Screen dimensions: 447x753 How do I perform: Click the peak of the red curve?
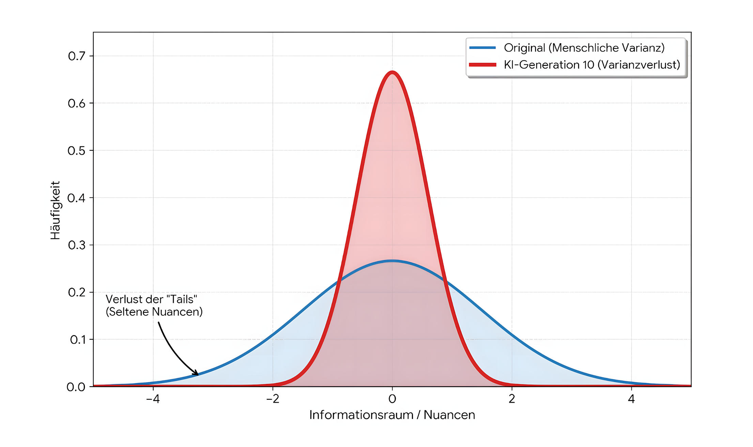(x=392, y=72)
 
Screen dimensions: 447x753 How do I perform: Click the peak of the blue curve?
(x=392, y=261)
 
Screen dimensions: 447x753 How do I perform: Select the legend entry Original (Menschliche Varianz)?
(x=584, y=48)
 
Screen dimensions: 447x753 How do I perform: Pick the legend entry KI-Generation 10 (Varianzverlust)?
(x=592, y=65)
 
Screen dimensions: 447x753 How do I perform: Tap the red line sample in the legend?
(x=482, y=65)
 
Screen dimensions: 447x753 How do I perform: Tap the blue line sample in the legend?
(x=482, y=48)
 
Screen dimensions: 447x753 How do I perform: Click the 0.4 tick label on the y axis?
(x=76, y=198)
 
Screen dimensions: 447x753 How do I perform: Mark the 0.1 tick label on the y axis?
(x=77, y=340)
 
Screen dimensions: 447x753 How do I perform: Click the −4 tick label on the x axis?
(x=153, y=399)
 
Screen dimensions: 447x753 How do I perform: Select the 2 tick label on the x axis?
(x=512, y=399)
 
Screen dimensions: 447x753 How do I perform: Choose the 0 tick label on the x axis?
(x=392, y=399)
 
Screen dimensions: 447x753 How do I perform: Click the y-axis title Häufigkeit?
(x=55, y=210)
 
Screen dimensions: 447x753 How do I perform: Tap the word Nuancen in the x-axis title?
(x=449, y=415)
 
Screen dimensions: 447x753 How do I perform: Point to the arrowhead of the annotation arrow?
(x=197, y=374)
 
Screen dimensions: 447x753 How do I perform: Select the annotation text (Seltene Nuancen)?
(x=154, y=312)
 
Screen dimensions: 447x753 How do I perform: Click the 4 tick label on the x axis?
(x=631, y=399)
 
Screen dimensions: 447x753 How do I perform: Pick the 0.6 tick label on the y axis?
(x=77, y=103)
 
